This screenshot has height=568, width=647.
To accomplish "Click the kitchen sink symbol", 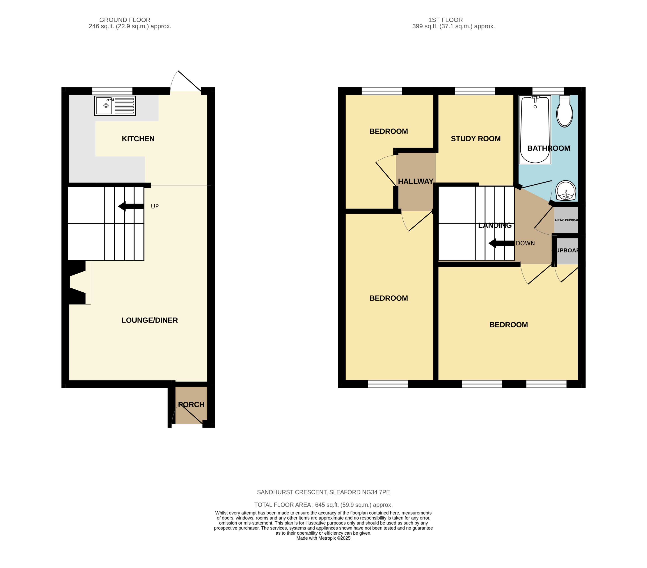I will pyautogui.click(x=114, y=106).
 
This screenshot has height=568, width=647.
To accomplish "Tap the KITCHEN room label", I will pyautogui.click(x=138, y=139).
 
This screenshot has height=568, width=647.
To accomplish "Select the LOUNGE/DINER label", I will pyautogui.click(x=149, y=320).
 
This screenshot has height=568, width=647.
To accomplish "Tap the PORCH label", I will pyautogui.click(x=191, y=404).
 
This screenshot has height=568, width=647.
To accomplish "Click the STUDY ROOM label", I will pyautogui.click(x=476, y=139).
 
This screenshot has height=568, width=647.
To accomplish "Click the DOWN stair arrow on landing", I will pyautogui.click(x=501, y=243).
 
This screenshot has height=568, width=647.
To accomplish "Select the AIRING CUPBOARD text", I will pyautogui.click(x=566, y=220).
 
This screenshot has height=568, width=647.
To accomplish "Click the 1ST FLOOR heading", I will pyautogui.click(x=445, y=20).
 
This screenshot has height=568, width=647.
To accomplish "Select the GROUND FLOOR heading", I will pyautogui.click(x=125, y=20).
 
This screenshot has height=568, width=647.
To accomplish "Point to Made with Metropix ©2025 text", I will pyautogui.click(x=323, y=538).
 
